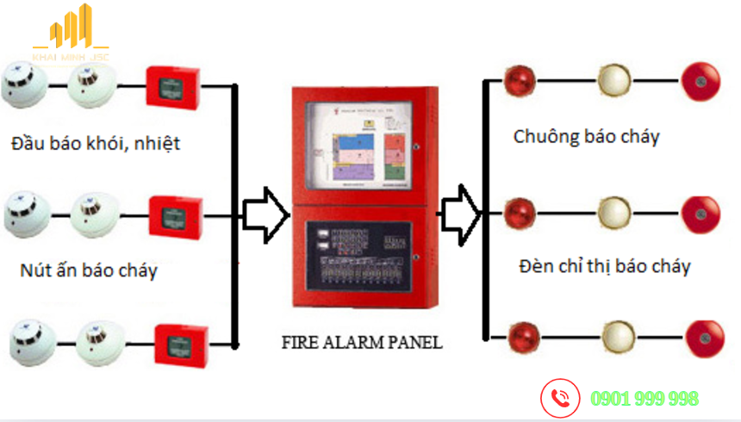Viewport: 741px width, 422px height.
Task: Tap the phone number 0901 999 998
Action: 644,399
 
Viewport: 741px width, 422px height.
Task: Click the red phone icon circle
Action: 561,398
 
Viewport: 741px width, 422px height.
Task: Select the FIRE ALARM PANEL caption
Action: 362,342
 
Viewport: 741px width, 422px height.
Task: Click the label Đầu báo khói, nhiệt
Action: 96,143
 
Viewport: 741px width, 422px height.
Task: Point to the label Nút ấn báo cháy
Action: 89,270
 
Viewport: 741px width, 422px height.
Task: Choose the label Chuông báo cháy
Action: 586,136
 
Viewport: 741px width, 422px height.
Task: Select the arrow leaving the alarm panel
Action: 460,214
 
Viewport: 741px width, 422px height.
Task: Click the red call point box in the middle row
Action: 175,213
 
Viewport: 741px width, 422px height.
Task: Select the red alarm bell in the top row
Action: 701,82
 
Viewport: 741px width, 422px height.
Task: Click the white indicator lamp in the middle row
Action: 613,210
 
